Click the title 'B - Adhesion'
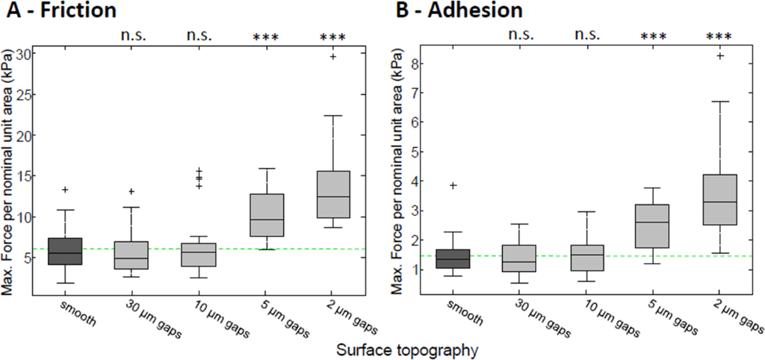[x=457, y=10]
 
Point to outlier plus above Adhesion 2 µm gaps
[x=720, y=55]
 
